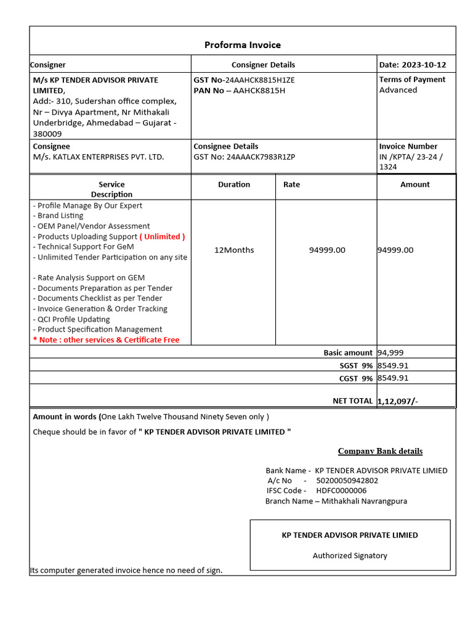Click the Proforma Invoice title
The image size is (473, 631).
[x=242, y=45]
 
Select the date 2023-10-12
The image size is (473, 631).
[x=424, y=65]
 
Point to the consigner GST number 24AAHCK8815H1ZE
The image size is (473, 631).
[x=260, y=80]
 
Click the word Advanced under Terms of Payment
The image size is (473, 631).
[x=398, y=90]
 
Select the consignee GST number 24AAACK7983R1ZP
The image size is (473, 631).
[x=261, y=157]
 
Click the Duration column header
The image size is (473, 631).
[x=234, y=184]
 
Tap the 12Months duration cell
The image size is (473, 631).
[x=234, y=250]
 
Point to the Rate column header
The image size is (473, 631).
[x=292, y=184]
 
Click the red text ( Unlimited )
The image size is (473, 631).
[x=163, y=237]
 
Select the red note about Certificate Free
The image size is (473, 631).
[x=106, y=340]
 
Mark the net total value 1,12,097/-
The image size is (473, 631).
[x=398, y=401]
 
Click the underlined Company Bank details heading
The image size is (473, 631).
[x=380, y=451]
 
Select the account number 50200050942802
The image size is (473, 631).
[x=347, y=481]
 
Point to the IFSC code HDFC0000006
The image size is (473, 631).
[x=341, y=491]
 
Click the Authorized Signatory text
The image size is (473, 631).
[x=350, y=556]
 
